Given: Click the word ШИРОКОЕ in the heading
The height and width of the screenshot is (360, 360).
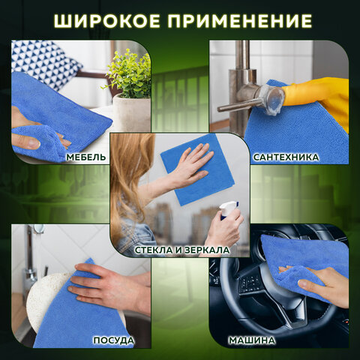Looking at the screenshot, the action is tap(106, 20).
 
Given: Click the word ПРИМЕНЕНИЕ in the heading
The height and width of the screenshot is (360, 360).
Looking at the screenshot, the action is tap(240, 20).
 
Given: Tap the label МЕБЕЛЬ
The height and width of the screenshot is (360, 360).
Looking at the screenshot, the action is tap(86, 157).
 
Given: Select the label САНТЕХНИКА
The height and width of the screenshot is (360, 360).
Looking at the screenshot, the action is tap(286, 157).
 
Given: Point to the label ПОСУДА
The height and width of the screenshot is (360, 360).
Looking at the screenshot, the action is tap(114, 340).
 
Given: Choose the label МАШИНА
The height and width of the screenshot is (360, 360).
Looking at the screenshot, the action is tap(252, 340).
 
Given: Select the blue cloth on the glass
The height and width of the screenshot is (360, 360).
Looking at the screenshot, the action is tap(197, 170).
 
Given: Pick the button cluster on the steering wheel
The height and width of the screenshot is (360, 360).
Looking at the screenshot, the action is tap(250, 283).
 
